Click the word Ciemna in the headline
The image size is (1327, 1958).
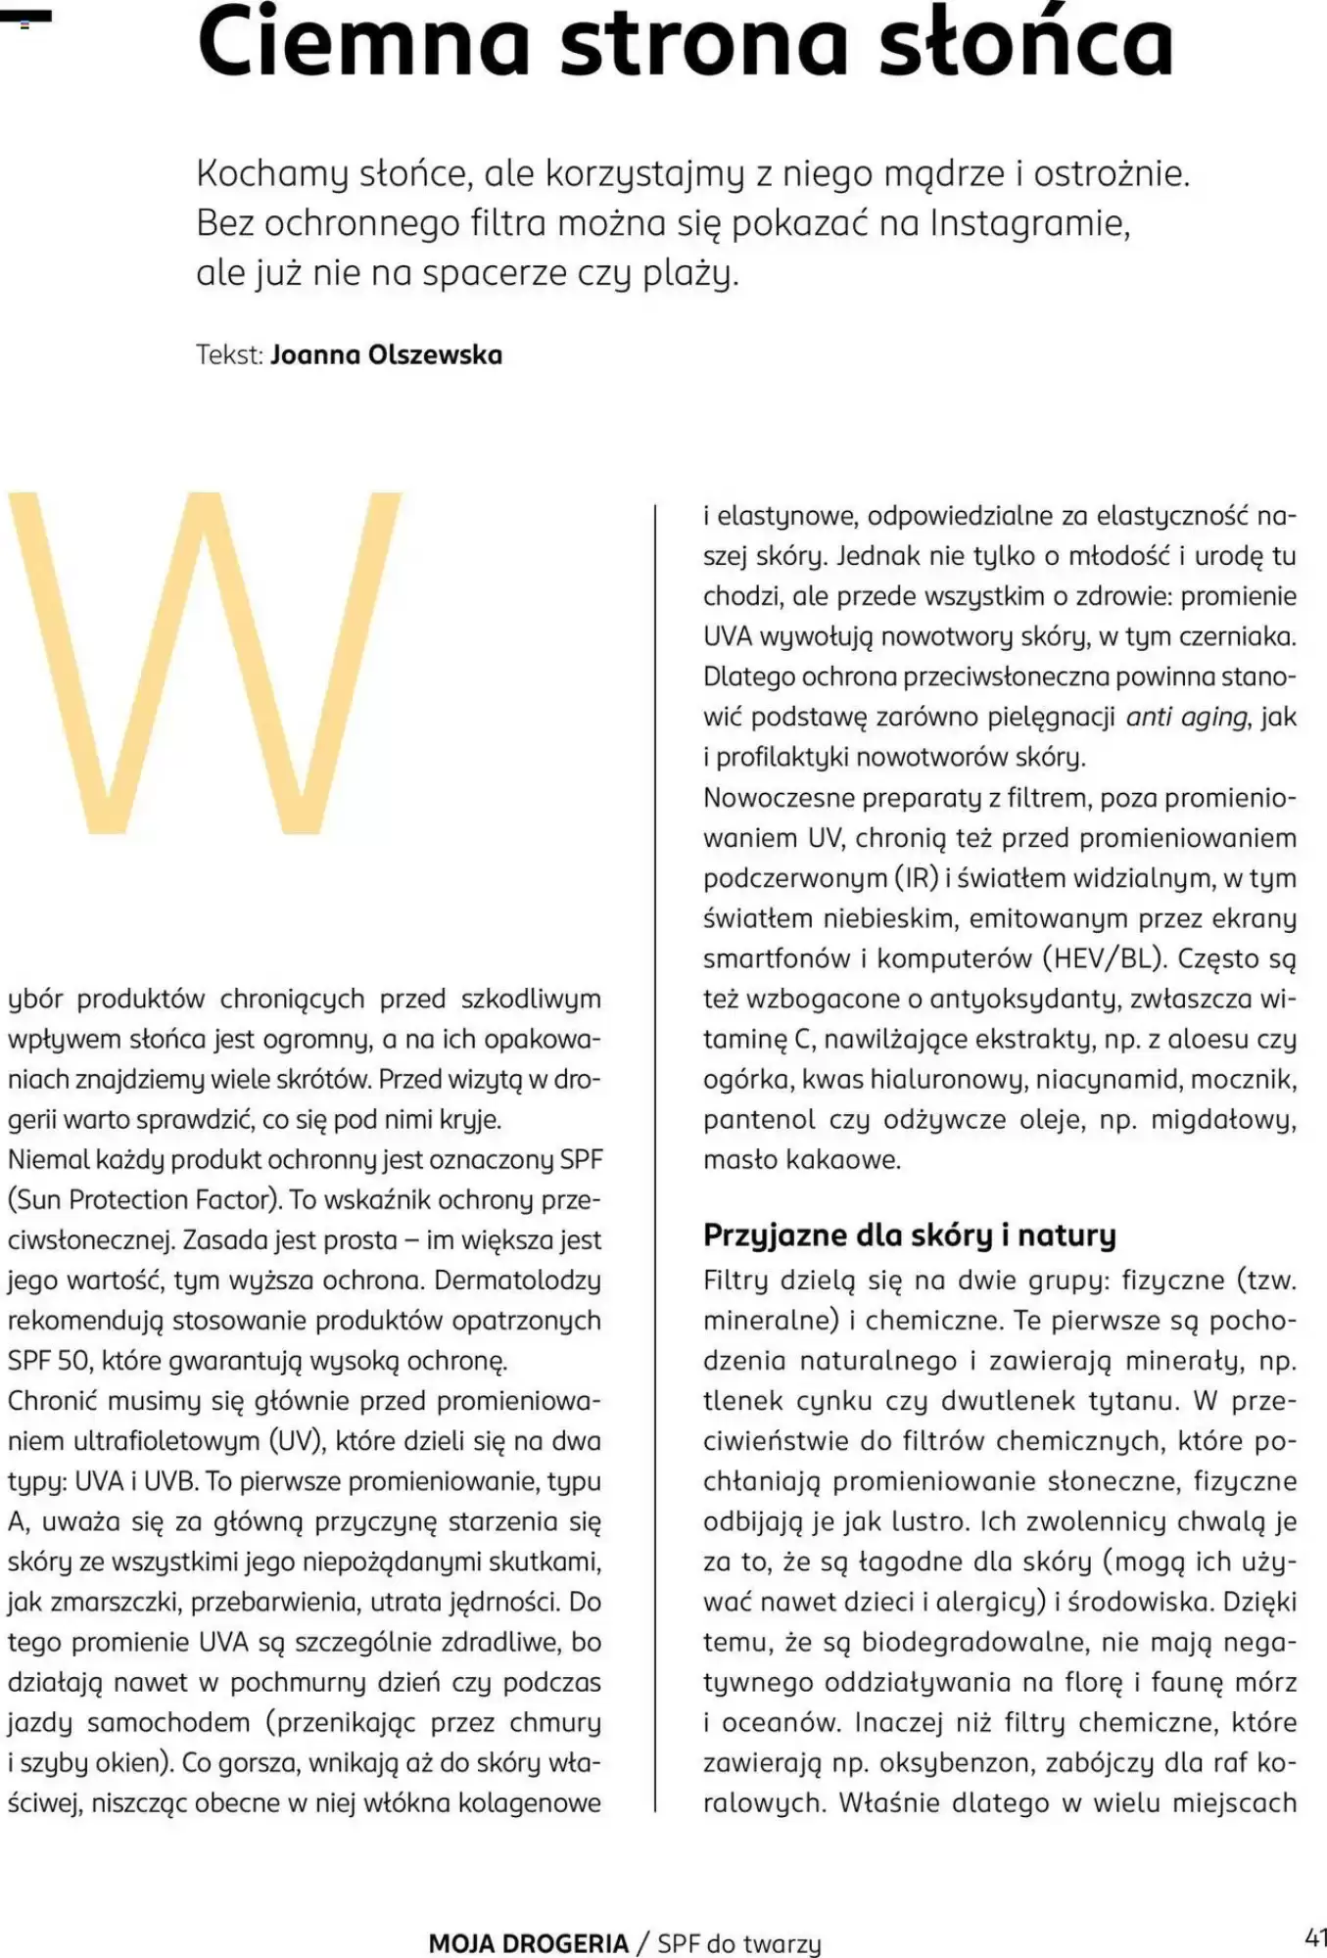pos(363,44)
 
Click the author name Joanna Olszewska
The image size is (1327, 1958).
pos(386,354)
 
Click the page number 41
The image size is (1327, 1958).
pos(1315,1937)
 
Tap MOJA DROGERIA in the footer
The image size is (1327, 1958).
pos(528,1943)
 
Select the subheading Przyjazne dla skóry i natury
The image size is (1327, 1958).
pos(909,1235)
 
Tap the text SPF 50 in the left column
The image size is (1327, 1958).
pos(48,1361)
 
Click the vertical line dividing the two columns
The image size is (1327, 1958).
pos(654,1155)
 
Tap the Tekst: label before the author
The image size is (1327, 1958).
pos(229,354)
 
